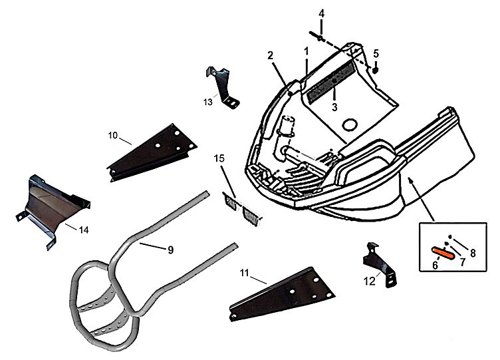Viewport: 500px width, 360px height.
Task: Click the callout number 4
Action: click(x=322, y=13)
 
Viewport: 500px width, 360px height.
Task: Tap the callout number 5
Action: click(x=376, y=53)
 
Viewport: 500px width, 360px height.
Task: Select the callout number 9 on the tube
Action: click(x=170, y=250)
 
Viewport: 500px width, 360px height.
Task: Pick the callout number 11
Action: click(x=244, y=273)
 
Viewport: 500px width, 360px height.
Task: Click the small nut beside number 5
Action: click(x=376, y=69)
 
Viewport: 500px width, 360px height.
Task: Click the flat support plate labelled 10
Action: click(x=152, y=152)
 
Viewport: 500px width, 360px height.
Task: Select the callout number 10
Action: click(x=113, y=135)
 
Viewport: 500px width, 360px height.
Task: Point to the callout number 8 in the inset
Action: click(x=473, y=253)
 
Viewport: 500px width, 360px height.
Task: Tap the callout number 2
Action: click(x=271, y=55)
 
